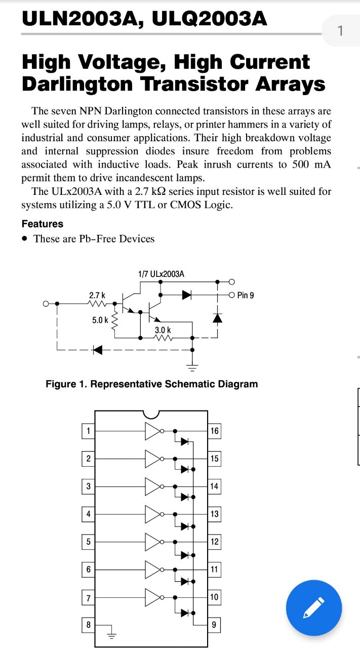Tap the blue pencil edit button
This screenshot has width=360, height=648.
(x=314, y=608)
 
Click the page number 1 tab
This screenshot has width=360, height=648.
(x=341, y=31)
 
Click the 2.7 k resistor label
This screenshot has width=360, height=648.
(x=97, y=295)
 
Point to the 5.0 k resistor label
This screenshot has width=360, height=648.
(x=100, y=320)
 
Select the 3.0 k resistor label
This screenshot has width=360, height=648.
(x=163, y=330)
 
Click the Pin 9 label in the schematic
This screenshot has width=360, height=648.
(x=246, y=295)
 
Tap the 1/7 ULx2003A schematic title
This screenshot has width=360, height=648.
(x=161, y=274)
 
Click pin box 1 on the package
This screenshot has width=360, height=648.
(x=88, y=431)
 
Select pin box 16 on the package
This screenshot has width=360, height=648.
(x=214, y=431)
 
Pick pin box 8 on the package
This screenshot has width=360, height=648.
(x=88, y=625)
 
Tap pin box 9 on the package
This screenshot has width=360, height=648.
(x=214, y=625)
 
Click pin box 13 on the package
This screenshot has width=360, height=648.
(x=214, y=514)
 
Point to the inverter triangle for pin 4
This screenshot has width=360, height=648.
(x=152, y=514)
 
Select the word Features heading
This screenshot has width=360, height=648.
(x=43, y=224)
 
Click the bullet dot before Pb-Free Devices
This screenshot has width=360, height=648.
(x=25, y=239)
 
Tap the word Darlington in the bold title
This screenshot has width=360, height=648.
(x=77, y=84)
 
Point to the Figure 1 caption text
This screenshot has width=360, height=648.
(x=151, y=384)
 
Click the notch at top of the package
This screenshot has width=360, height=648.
(x=151, y=416)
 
